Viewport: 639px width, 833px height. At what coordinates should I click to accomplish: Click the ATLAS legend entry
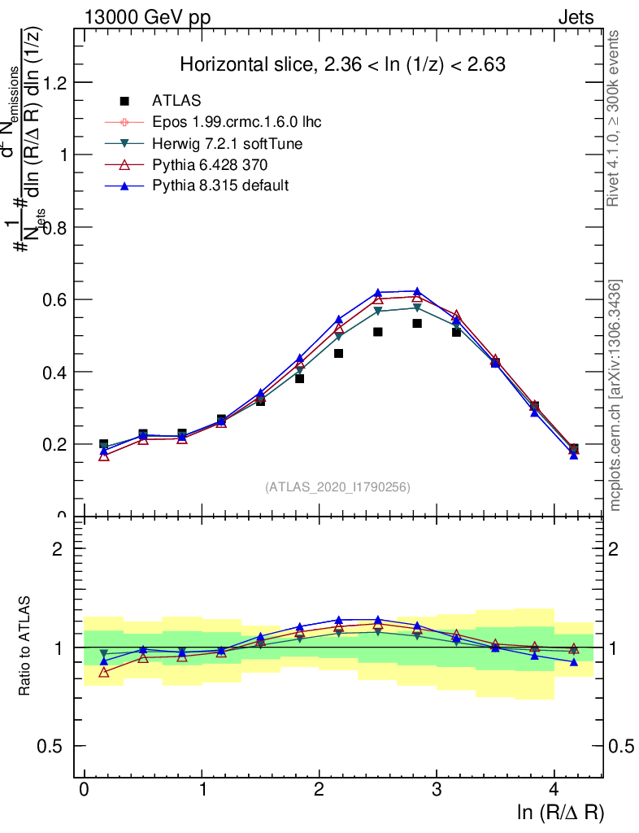(x=176, y=101)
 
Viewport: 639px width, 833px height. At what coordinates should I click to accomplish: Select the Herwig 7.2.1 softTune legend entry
(x=215, y=143)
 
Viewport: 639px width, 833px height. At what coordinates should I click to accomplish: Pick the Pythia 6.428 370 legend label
(x=209, y=164)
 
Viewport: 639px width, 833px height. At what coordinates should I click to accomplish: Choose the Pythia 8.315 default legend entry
(x=220, y=185)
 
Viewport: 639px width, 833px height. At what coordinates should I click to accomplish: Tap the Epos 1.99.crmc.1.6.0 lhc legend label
(x=237, y=122)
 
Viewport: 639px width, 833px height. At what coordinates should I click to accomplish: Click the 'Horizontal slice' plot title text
(x=342, y=65)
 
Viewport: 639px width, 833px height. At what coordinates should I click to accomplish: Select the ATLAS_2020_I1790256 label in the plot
(x=337, y=487)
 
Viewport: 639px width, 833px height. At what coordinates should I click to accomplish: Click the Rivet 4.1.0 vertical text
(x=615, y=117)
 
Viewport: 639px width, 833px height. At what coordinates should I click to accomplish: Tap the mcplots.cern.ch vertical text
(x=615, y=395)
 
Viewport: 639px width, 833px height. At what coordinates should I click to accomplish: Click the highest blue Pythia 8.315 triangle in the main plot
(x=417, y=291)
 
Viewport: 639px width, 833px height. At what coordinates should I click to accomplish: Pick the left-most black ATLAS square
(x=103, y=444)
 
